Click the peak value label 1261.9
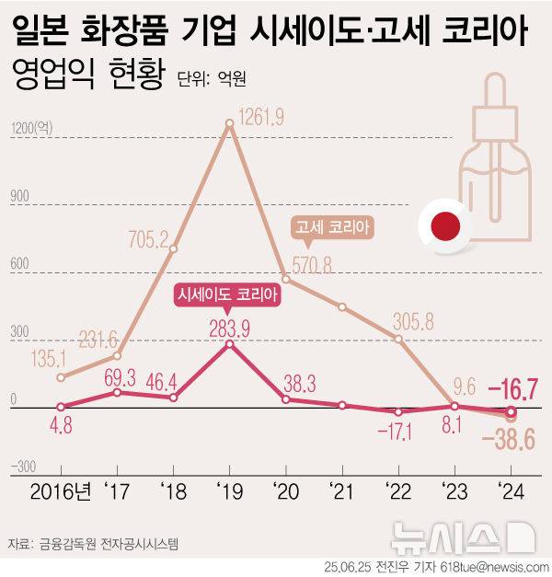pyautogui.click(x=261, y=116)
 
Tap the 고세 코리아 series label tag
pyautogui.click(x=335, y=225)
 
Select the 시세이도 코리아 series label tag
pyautogui.click(x=227, y=295)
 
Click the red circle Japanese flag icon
pyautogui.click(x=444, y=225)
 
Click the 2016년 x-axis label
pyautogui.click(x=62, y=490)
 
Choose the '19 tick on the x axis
pyautogui.click(x=230, y=490)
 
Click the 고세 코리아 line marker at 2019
pyautogui.click(x=230, y=124)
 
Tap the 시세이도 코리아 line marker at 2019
pyautogui.click(x=230, y=344)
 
